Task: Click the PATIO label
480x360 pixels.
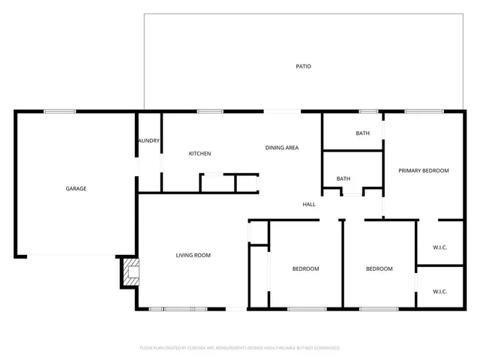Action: click(303, 67)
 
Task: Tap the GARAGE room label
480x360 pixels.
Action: click(76, 188)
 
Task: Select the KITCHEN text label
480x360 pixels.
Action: click(199, 154)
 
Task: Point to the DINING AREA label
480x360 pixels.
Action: click(282, 148)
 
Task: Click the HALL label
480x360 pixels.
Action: click(309, 204)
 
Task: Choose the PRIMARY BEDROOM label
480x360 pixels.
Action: click(423, 171)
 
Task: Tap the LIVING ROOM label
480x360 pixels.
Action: click(193, 255)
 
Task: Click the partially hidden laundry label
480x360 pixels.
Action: click(148, 140)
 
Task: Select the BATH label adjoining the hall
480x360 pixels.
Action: click(343, 178)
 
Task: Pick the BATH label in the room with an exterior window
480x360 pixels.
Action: click(363, 133)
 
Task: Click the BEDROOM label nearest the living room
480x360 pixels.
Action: click(305, 268)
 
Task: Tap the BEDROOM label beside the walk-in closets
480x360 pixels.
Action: click(379, 268)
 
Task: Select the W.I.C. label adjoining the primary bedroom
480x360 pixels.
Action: click(439, 247)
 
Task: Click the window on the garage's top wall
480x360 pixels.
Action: click(59, 112)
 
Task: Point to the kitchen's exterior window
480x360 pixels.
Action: click(210, 112)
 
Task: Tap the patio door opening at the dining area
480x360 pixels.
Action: click(282, 112)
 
